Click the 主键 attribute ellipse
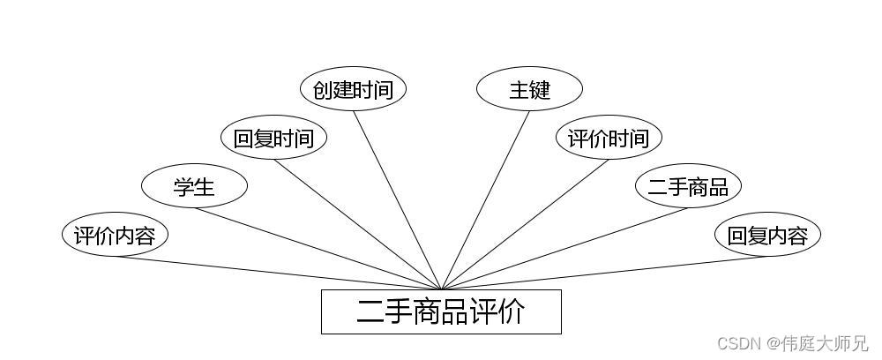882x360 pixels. pos(529,89)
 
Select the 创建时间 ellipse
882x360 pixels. pos(353,89)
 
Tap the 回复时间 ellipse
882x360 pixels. pos(273,138)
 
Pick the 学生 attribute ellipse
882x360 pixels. pos(194,186)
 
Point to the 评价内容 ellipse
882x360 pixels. pos(115,235)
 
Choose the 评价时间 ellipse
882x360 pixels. pos(609,138)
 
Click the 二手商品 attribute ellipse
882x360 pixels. pos(688,186)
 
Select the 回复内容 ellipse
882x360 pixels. pos(767,235)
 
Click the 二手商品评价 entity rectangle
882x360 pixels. pos(441,311)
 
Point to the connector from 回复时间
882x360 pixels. pos(357,224)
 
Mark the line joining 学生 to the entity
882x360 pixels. pos(318,249)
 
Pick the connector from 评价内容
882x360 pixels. pos(278,273)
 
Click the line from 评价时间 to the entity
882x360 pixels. pos(525,224)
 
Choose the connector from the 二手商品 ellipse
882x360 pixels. pos(564,249)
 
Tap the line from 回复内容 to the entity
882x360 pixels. pos(604,273)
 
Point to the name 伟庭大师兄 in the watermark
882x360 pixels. pos(826,343)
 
